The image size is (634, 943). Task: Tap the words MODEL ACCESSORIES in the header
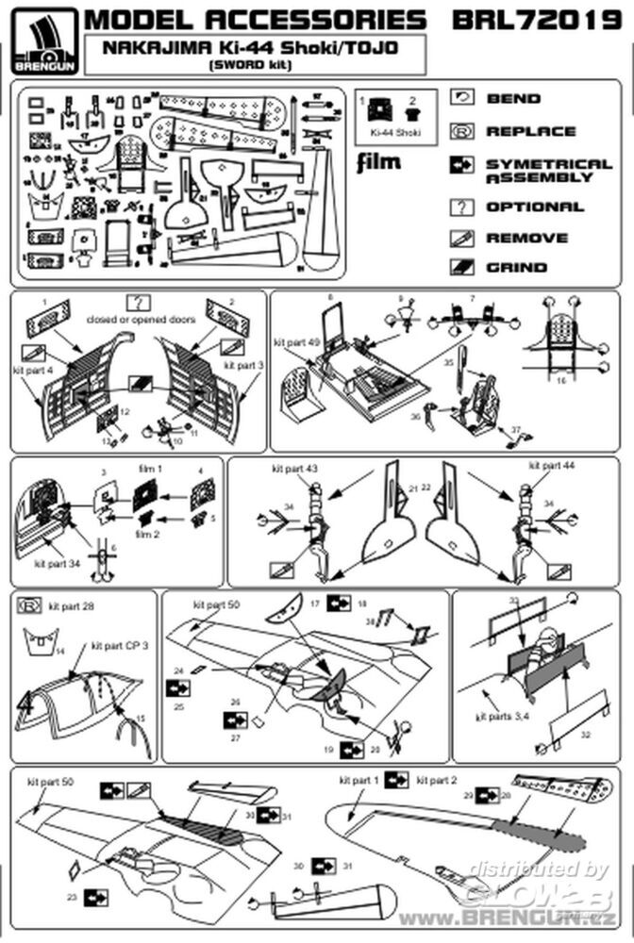pyautogui.click(x=255, y=20)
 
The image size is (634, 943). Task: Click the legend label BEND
pyautogui.click(x=513, y=98)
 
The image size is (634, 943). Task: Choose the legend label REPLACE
pyautogui.click(x=530, y=131)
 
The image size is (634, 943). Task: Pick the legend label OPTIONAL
pyautogui.click(x=535, y=207)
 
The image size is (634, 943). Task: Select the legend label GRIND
pyautogui.click(x=515, y=267)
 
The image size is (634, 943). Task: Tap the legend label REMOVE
pyautogui.click(x=526, y=238)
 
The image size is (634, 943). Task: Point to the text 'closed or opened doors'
pyautogui.click(x=141, y=320)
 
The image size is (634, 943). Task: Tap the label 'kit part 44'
pyautogui.click(x=550, y=466)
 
